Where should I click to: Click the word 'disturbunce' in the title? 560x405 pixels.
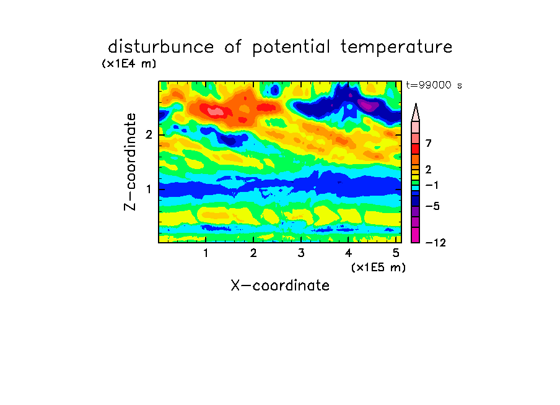coord(161,46)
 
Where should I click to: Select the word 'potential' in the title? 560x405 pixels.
coord(291,47)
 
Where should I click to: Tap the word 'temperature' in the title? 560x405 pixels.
coord(396,47)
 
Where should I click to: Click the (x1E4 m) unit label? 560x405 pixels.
coord(129,64)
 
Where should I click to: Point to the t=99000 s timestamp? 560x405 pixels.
coord(434,85)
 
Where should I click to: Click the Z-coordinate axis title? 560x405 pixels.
coord(130,162)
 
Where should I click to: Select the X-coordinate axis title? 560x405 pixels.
coord(280,285)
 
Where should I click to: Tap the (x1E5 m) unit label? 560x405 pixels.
coord(378,267)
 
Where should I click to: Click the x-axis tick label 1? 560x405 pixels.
coord(206,253)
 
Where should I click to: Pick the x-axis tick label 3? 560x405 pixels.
coord(301,253)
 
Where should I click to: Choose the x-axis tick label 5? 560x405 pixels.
coord(396,253)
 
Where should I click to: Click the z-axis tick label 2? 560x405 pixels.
coord(149,134)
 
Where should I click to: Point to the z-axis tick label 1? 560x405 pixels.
coord(149,189)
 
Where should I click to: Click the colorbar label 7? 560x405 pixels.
coord(429,144)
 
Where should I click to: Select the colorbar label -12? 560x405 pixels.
coord(435,243)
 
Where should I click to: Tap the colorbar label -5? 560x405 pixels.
coord(432,206)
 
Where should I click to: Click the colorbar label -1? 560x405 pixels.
coord(432,185)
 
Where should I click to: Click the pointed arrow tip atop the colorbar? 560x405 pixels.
coord(416,104)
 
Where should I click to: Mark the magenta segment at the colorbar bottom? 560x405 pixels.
coord(416,235)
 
